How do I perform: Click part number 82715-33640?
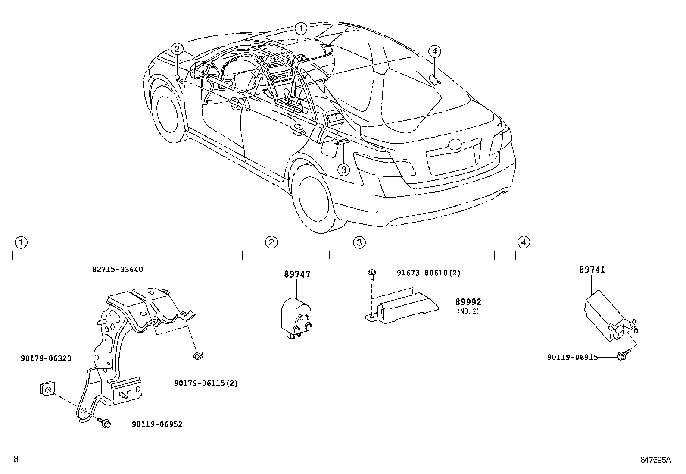[x=117, y=270]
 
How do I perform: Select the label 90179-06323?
[x=46, y=358]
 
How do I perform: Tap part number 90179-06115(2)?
[x=206, y=383]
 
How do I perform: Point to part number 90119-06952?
[x=156, y=424]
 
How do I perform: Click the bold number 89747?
[x=297, y=274]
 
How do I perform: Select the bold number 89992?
[x=468, y=302]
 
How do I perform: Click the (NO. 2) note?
[x=468, y=311]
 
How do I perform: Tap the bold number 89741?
[x=592, y=270]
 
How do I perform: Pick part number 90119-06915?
[x=572, y=357]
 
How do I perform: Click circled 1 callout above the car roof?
[x=301, y=29]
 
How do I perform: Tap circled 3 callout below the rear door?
[x=343, y=170]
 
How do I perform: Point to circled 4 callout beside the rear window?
[x=434, y=51]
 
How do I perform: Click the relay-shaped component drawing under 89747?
[x=296, y=318]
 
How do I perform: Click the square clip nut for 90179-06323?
[x=47, y=389]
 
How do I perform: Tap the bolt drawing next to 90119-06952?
[x=104, y=423]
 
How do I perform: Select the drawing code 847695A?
[x=655, y=460]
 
